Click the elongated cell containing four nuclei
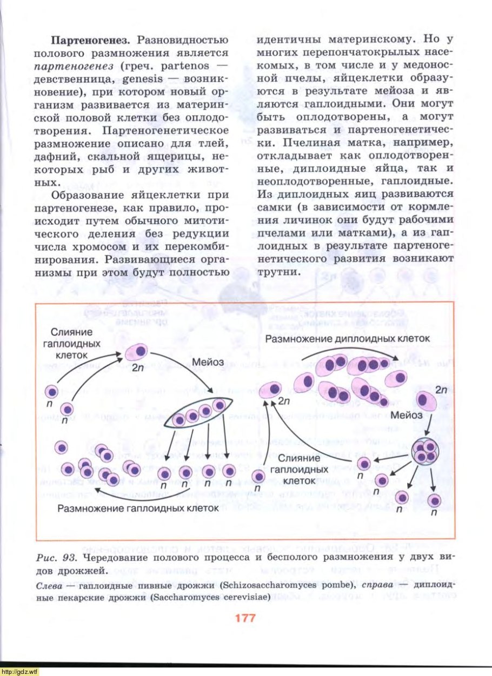pos(200,413)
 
